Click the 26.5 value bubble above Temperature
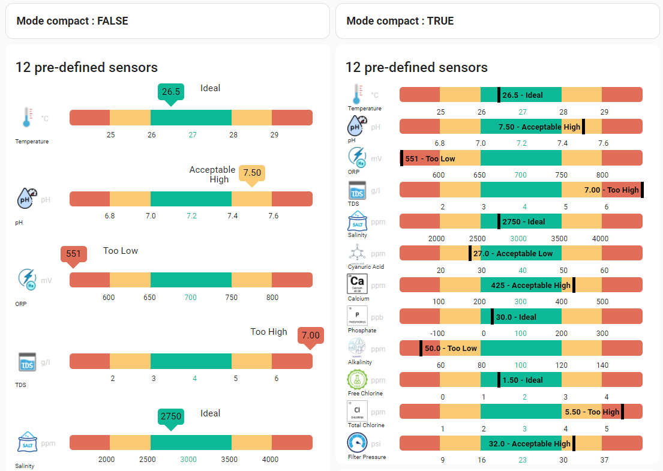[170, 92]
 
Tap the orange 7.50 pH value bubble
[252, 173]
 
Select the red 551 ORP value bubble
[73, 254]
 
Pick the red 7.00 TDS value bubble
[311, 335]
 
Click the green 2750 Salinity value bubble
[170, 416]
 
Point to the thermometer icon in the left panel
[26, 118]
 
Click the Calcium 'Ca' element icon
[357, 283]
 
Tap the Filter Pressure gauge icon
[358, 443]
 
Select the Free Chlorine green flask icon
[357, 379]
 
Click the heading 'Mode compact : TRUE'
[400, 21]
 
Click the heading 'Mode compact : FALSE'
[72, 21]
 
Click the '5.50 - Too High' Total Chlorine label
[592, 412]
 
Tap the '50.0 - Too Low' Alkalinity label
[451, 348]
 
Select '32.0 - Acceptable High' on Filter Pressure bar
[526, 444]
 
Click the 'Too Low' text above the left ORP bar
[121, 251]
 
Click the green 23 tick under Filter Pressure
[523, 460]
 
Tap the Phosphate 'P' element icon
[357, 315]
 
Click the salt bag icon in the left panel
[26, 443]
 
